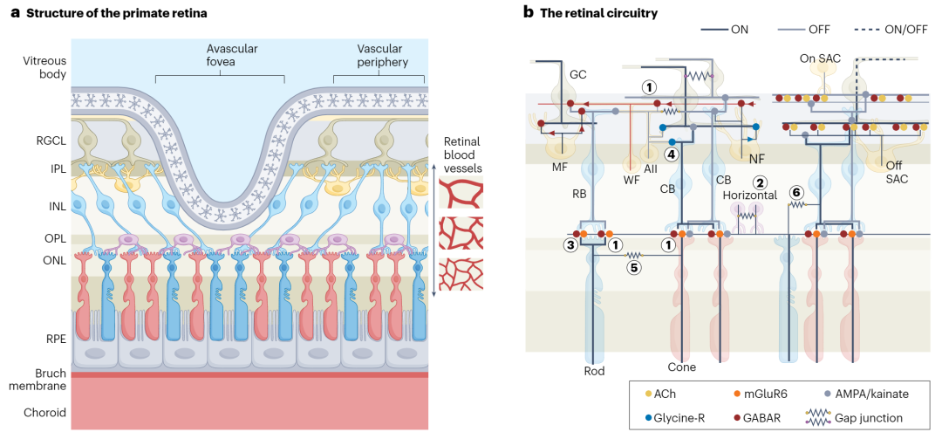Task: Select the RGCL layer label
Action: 50,142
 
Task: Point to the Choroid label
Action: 45,413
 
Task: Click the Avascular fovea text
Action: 219,55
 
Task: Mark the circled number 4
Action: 672,154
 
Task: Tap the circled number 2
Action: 761,182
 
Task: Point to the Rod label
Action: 594,371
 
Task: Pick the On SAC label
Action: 820,58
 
